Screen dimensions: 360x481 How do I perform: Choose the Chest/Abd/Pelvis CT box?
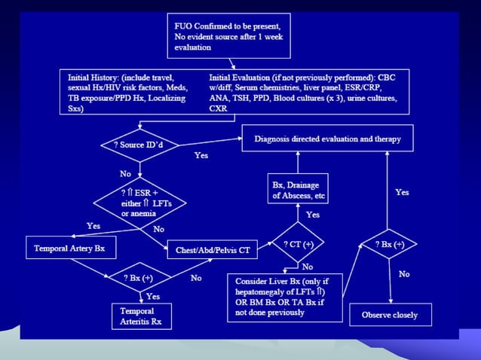pos(213,249)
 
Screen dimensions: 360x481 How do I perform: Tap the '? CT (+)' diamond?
pos(299,245)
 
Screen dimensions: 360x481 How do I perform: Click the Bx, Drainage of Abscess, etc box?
pos(298,191)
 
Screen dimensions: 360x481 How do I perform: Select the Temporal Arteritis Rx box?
pos(141,316)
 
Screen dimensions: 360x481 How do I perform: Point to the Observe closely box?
pos(390,315)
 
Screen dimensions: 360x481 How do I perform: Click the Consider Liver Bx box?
pos(284,298)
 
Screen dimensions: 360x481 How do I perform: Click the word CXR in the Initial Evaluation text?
pos(218,108)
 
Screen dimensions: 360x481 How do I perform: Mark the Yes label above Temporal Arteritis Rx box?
pos(152,296)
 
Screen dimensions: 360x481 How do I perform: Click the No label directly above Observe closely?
pos(403,274)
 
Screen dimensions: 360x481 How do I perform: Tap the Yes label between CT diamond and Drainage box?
pos(312,215)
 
